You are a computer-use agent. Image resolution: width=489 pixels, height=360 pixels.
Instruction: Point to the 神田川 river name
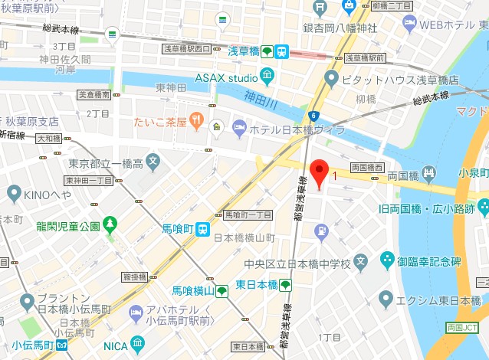pos(261,98)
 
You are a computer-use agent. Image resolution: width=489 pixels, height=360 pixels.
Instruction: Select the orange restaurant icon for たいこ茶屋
pos(198,120)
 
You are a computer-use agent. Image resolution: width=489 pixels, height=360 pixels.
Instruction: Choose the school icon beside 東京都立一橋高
pos(153,162)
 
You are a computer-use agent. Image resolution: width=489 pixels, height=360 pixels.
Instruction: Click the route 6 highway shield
pos(313,116)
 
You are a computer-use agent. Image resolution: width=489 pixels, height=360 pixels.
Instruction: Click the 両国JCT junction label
pos(465,328)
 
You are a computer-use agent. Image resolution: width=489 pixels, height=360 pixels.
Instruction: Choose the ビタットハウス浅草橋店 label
pos(402,79)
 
